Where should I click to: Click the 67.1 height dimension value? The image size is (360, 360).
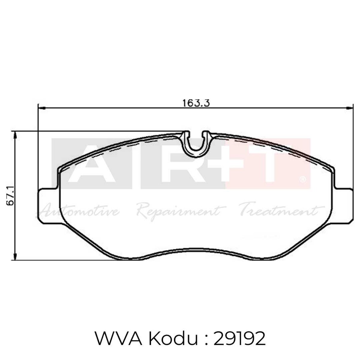coord(10,195)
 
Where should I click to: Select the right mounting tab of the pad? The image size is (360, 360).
coord(342,206)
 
